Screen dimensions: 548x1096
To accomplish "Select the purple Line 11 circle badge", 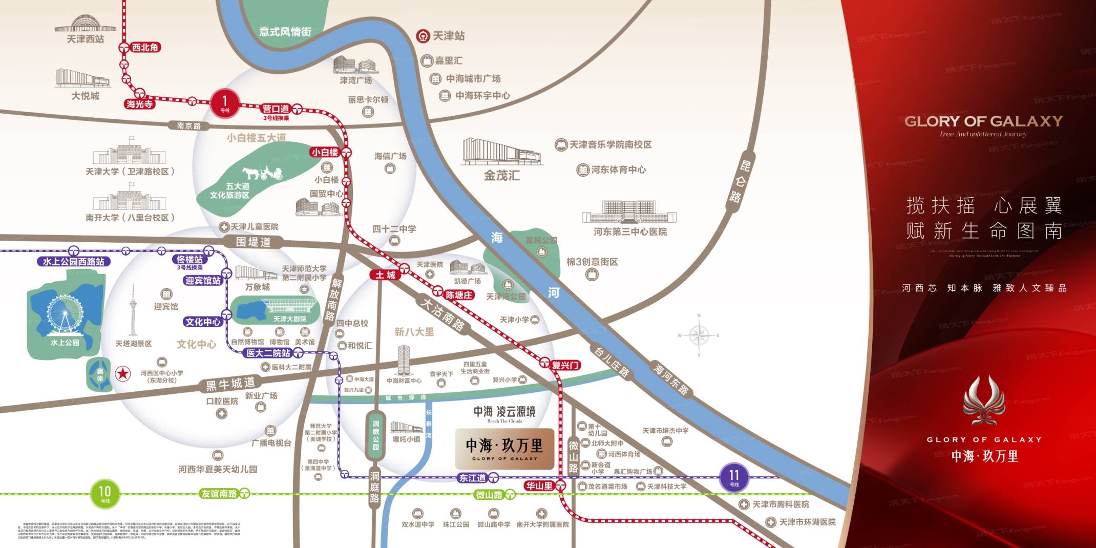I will [x=734, y=477].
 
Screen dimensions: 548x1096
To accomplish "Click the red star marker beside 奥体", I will [x=122, y=373].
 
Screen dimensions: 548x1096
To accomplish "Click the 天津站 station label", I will [x=449, y=36].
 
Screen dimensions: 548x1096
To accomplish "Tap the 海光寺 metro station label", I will [x=139, y=104].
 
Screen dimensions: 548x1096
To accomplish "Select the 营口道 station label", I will [x=276, y=109].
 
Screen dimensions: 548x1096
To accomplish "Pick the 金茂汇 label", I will [x=502, y=176].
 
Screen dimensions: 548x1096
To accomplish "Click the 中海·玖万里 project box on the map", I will [x=504, y=449].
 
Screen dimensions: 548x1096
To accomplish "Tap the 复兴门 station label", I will [x=565, y=365].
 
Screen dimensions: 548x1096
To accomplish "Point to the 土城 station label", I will [x=385, y=275].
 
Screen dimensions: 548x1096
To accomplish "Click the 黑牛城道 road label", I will [x=230, y=384].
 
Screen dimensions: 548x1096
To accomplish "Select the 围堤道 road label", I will [x=253, y=242].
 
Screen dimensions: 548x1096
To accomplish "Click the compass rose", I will [x=699, y=335].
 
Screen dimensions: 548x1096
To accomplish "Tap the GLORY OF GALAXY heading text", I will [x=983, y=121].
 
